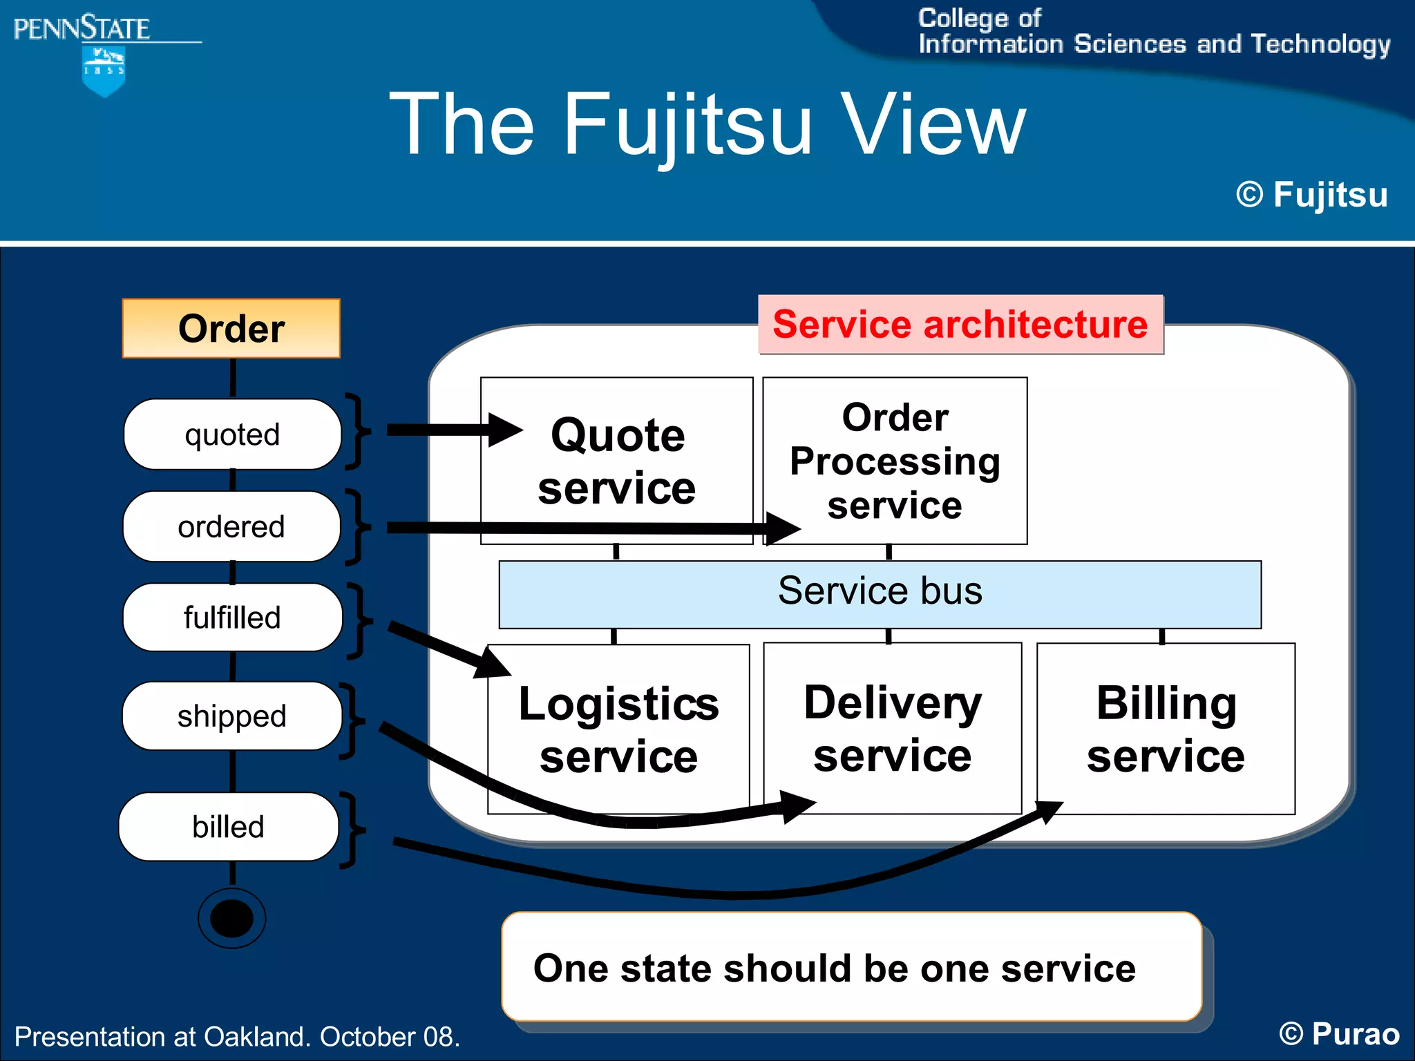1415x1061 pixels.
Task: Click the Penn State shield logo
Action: [103, 70]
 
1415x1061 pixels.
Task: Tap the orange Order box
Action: [231, 328]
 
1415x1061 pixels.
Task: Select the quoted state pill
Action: [232, 434]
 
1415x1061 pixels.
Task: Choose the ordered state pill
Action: [231, 526]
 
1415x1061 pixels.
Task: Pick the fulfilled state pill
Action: [232, 617]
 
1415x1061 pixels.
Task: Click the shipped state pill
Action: [231, 716]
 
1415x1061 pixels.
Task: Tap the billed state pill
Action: [228, 826]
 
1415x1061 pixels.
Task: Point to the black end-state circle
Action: [231, 918]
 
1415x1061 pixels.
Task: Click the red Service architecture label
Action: [960, 325]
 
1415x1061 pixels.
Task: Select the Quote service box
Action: [617, 461]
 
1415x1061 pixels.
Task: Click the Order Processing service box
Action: [895, 461]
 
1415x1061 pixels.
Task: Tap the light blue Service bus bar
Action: [880, 593]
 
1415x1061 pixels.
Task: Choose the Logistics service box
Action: [618, 729]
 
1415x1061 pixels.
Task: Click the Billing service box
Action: [1166, 728]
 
